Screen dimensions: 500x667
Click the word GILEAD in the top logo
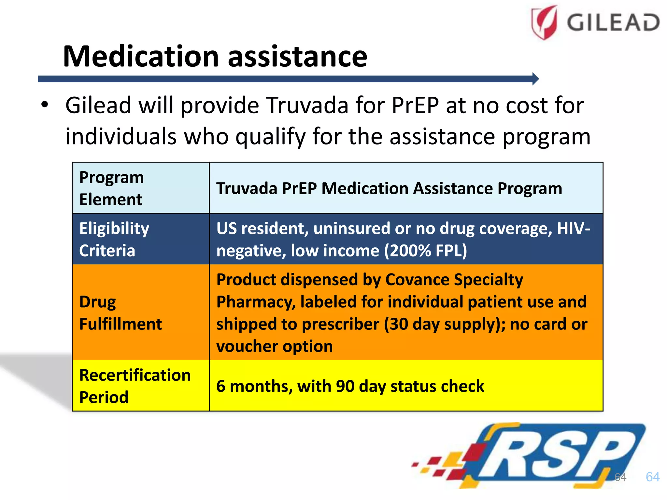click(x=613, y=23)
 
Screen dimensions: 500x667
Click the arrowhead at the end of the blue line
click(x=535, y=79)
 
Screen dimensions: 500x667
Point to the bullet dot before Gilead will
click(x=45, y=105)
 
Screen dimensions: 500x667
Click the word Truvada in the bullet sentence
click(x=307, y=105)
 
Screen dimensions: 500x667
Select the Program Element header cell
click(x=141, y=188)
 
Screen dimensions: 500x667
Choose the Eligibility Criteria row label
click(x=141, y=239)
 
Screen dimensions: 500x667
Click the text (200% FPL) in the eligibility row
click(x=425, y=251)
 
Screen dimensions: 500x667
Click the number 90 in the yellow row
click(x=345, y=386)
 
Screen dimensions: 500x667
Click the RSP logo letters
click(x=554, y=456)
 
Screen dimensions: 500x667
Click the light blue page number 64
click(x=652, y=477)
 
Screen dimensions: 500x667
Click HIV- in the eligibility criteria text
click(x=573, y=229)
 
